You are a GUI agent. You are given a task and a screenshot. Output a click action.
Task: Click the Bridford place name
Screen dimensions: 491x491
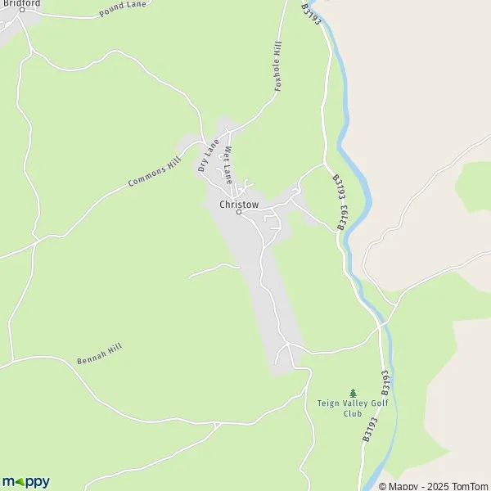22,3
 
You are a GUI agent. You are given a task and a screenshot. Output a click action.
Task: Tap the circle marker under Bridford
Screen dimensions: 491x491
23,11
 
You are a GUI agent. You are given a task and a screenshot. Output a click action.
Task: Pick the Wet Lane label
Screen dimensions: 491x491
230,164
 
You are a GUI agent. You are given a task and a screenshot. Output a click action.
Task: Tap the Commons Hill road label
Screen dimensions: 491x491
154,172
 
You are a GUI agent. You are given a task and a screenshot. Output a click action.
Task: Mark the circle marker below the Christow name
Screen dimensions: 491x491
240,213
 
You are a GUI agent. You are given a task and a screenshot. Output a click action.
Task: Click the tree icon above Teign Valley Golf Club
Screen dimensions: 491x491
353,393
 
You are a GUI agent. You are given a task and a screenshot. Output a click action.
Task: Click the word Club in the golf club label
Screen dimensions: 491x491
353,414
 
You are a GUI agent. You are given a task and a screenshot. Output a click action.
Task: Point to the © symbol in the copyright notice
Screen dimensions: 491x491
383,486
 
